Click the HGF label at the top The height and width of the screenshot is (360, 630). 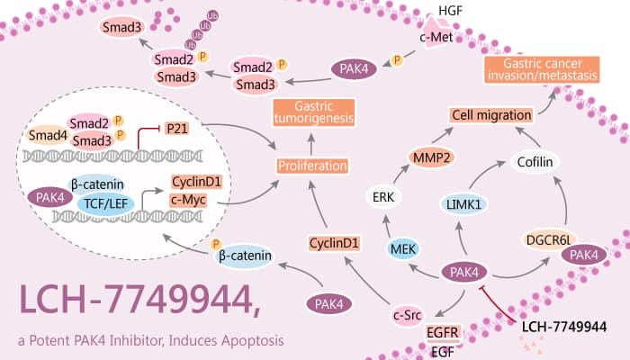point(448,10)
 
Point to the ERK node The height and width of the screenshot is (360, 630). point(382,196)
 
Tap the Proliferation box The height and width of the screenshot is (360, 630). point(313,166)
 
